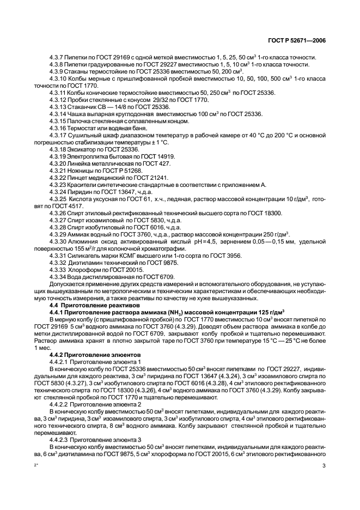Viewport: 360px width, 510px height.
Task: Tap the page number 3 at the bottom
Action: (324, 466)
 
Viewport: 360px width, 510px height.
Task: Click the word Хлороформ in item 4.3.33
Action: (81, 270)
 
